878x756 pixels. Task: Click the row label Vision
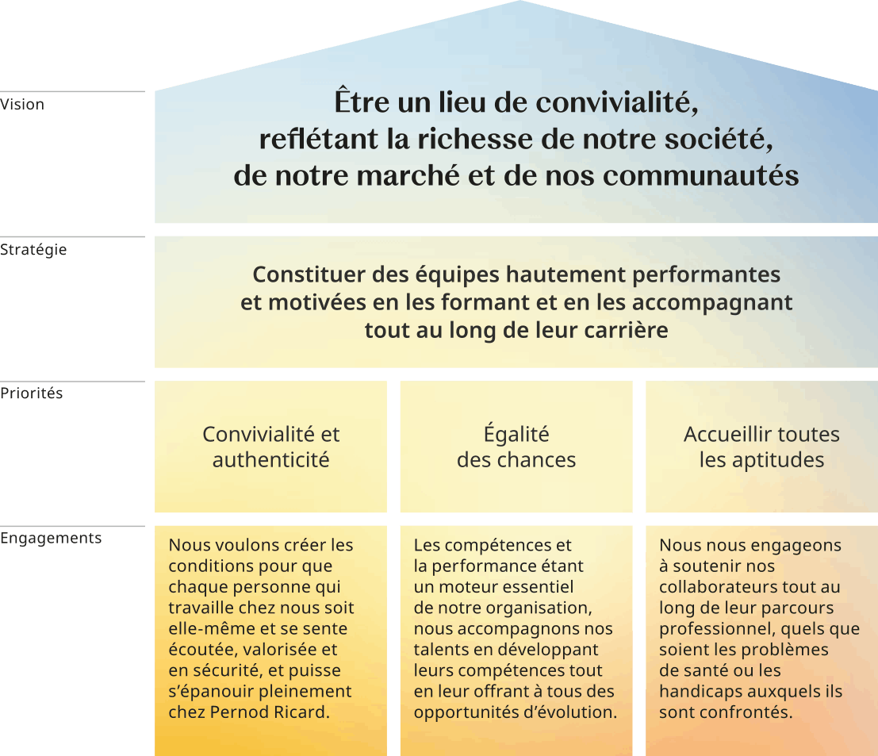(22, 104)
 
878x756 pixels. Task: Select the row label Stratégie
(33, 250)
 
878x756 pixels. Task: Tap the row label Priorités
(32, 393)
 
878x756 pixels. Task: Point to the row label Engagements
(51, 538)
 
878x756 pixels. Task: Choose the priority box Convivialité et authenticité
(270, 447)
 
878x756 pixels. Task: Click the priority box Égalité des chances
(516, 447)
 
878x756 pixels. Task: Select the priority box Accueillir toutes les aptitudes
(761, 447)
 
